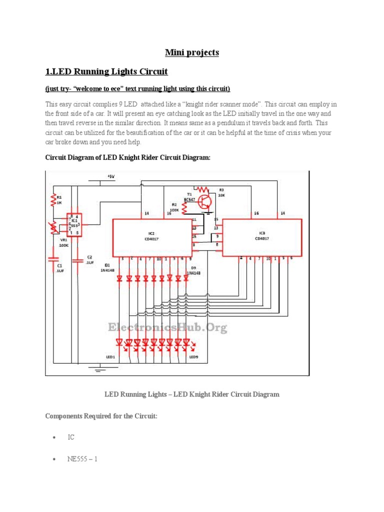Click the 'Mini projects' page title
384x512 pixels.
pos(192,52)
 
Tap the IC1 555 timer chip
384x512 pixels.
pos(74,226)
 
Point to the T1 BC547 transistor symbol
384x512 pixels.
pos(205,201)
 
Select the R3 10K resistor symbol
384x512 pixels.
pos(202,189)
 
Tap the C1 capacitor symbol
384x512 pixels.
pos(52,259)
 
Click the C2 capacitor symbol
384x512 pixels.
pos(77,260)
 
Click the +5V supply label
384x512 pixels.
pos(110,176)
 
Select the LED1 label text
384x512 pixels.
pos(110,357)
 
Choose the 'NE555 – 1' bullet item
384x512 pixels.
pos(82,458)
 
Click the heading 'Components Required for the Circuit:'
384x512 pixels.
pos(101,416)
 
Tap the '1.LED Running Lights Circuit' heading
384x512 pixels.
pos(106,71)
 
